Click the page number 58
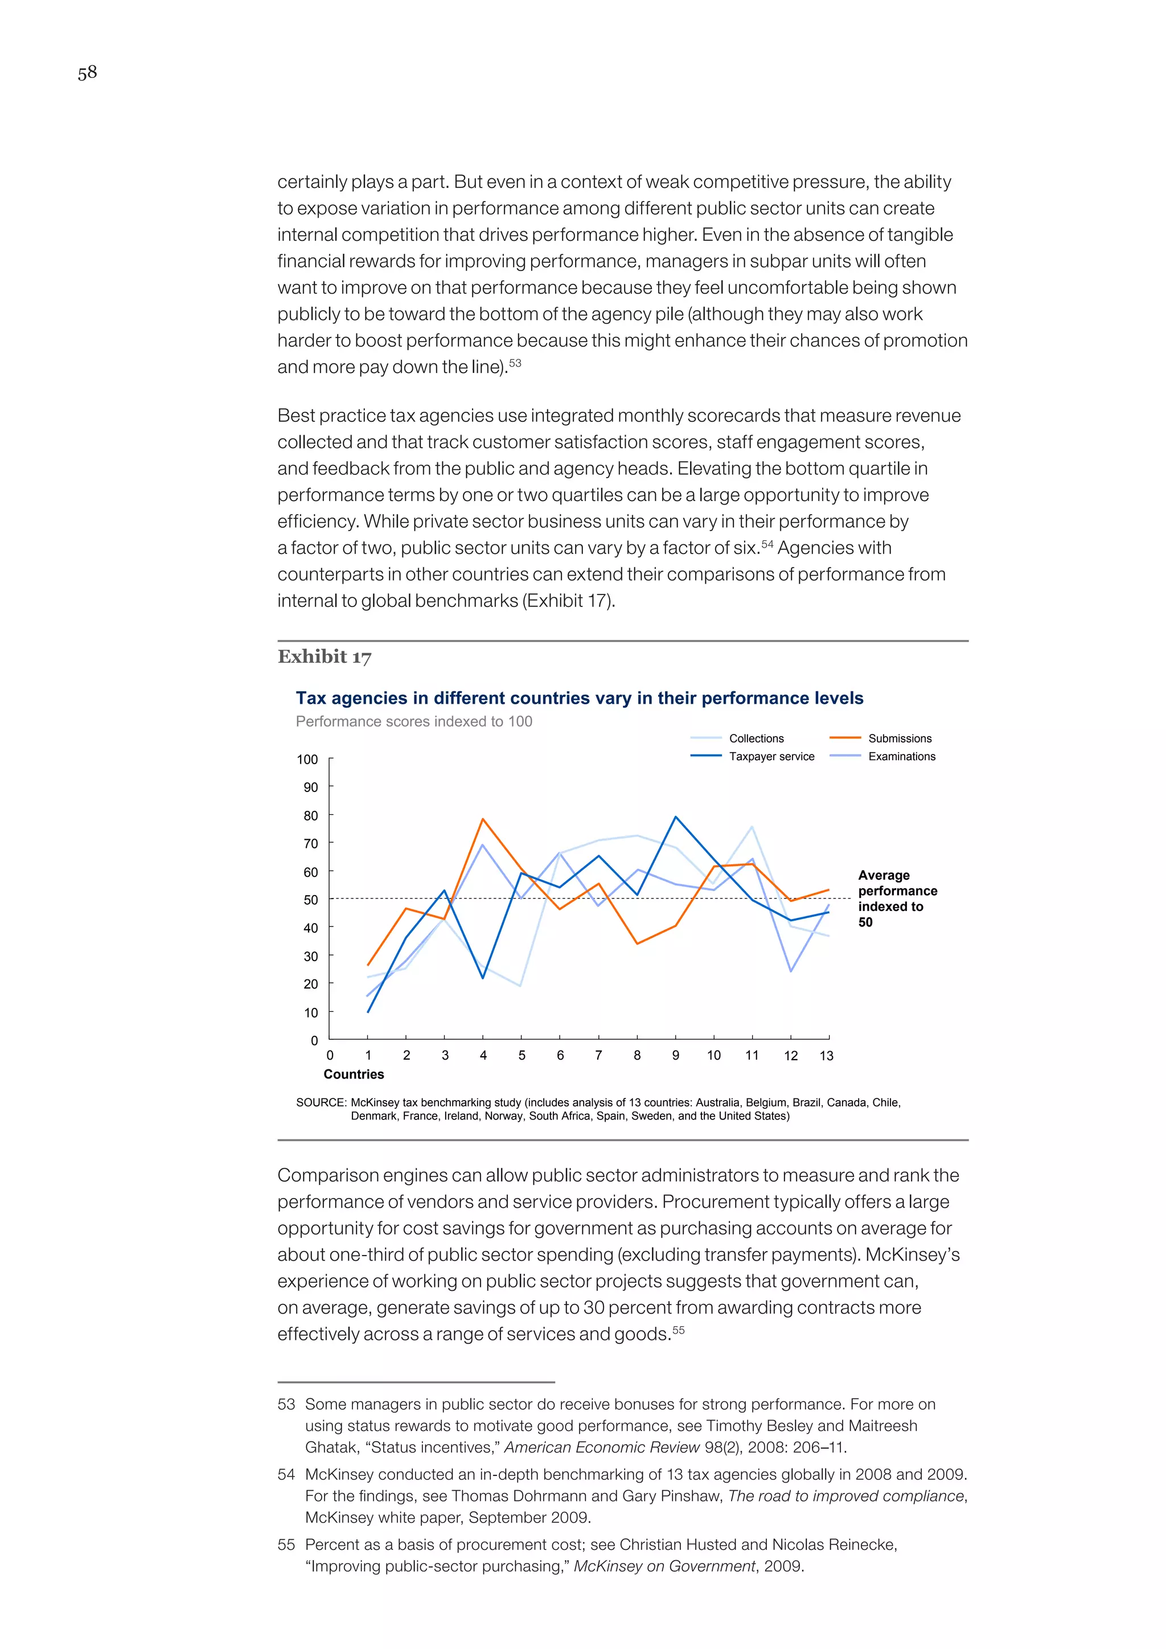pos(87,72)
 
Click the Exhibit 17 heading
pos(325,657)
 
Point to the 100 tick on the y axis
pos(307,759)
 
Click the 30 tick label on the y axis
pos(310,956)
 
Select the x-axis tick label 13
pos(827,1055)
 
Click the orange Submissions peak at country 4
pos(482,819)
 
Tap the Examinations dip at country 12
pos(790,971)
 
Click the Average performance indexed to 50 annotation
pos(897,899)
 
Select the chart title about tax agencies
pos(580,698)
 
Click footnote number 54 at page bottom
pos(286,1474)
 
